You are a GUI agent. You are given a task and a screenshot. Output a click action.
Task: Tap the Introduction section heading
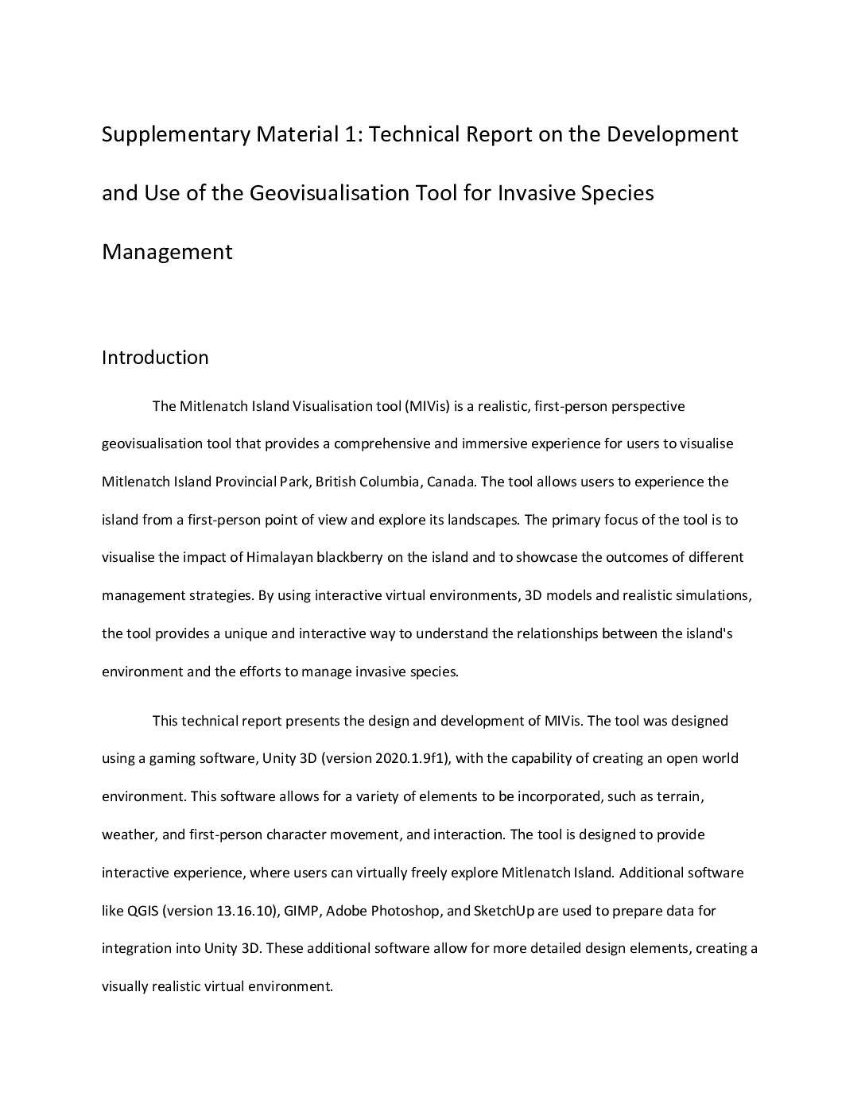click(155, 358)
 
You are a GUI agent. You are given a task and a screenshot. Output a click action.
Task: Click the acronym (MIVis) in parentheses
click(428, 406)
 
